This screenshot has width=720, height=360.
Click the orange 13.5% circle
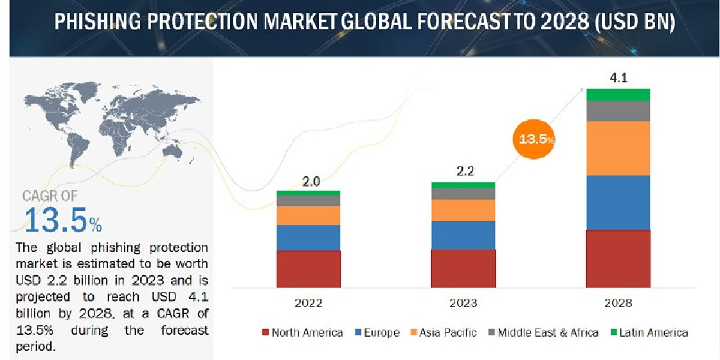(x=533, y=139)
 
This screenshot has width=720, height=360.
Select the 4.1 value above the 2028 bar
(x=617, y=77)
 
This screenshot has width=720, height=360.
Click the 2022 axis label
(x=308, y=303)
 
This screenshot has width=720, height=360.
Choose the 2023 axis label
(x=463, y=303)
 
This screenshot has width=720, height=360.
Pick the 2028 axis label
(x=618, y=303)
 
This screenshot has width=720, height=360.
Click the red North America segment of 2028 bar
(x=618, y=259)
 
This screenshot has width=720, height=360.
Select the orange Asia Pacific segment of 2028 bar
(x=618, y=148)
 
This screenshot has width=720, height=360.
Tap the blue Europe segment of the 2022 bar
(x=308, y=238)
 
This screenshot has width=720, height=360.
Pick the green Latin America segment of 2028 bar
(x=618, y=94)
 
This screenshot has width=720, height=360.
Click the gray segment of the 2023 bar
(x=463, y=194)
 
